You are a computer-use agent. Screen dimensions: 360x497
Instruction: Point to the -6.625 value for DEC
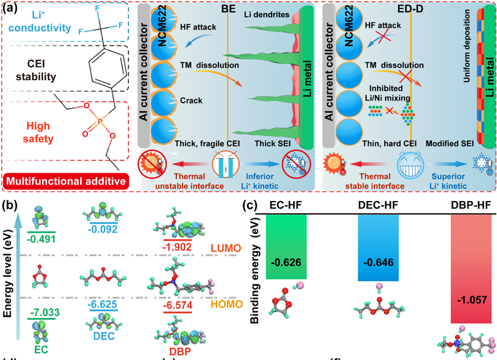(103, 303)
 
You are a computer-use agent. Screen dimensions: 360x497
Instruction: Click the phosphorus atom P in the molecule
(99, 105)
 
